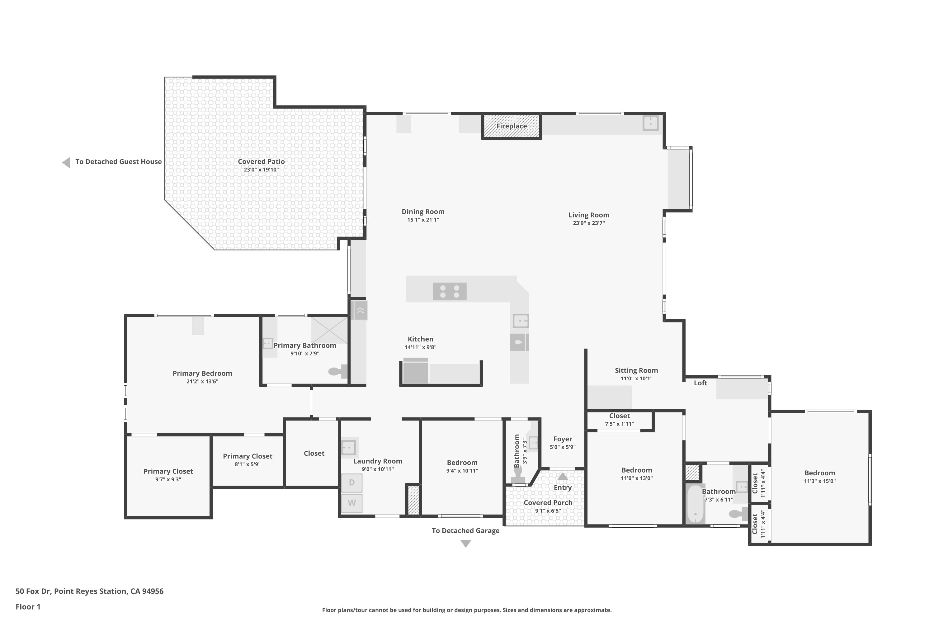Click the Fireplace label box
(x=512, y=126)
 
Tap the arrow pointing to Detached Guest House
(x=66, y=162)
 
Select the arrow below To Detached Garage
(x=466, y=544)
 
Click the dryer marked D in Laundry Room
(x=352, y=483)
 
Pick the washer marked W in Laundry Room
(x=352, y=503)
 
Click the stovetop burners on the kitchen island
(x=450, y=291)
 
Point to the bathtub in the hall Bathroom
(x=695, y=503)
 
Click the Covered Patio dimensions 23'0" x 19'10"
(x=261, y=170)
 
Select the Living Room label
(x=589, y=215)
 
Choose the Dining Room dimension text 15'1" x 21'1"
(x=423, y=220)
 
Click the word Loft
(x=700, y=383)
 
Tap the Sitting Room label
(x=637, y=371)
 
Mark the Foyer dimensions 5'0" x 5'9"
(x=563, y=447)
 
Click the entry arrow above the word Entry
(x=563, y=476)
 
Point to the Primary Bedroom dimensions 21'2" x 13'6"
(x=203, y=381)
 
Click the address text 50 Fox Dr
(x=33, y=591)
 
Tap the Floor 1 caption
(x=28, y=607)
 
